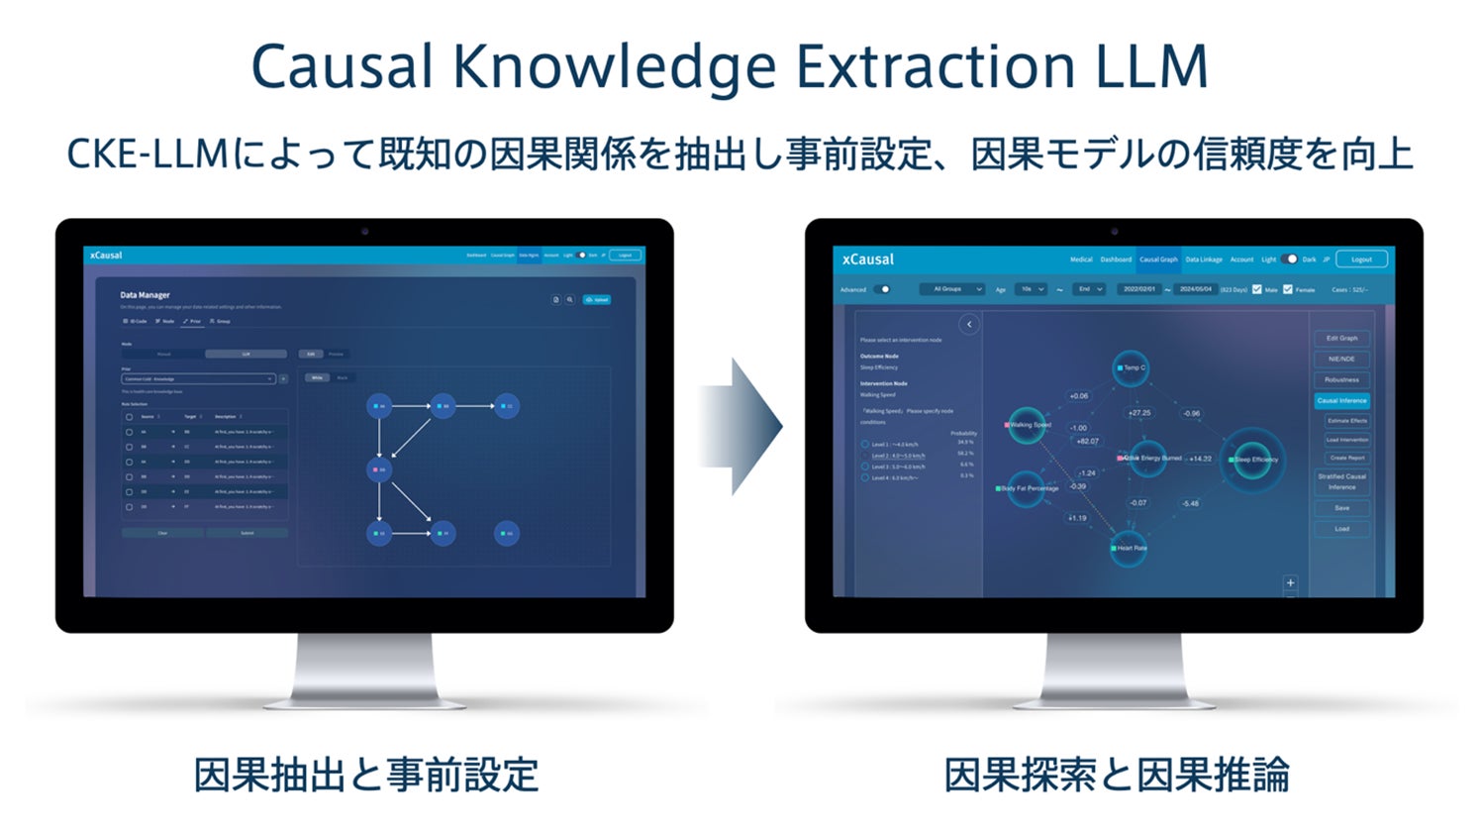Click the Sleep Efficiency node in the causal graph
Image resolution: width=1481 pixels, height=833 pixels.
coord(1252,459)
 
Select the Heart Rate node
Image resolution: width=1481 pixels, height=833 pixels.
coord(1129,548)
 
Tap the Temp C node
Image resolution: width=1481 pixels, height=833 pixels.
coord(1130,367)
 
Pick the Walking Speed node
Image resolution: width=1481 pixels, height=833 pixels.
coord(1027,425)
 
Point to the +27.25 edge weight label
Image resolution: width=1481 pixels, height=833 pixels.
coord(1139,412)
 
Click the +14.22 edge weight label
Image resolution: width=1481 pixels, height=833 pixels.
coord(1200,459)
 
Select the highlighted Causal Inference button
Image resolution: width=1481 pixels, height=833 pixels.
coord(1341,400)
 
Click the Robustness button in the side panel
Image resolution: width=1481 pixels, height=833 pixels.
coord(1341,379)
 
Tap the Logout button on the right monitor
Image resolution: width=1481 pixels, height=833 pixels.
coord(1361,260)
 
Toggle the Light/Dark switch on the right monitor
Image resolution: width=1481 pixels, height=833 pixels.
coord(1289,260)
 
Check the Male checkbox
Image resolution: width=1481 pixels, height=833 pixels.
coord(1256,289)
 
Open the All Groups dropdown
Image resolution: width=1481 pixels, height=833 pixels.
coord(951,289)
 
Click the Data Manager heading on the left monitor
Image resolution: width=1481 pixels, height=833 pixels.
coord(146,295)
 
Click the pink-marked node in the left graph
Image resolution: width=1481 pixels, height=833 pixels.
coord(379,469)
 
